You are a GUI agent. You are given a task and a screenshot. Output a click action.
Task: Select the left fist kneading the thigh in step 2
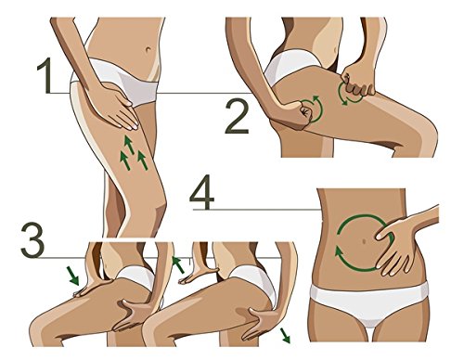(x=297, y=116)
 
